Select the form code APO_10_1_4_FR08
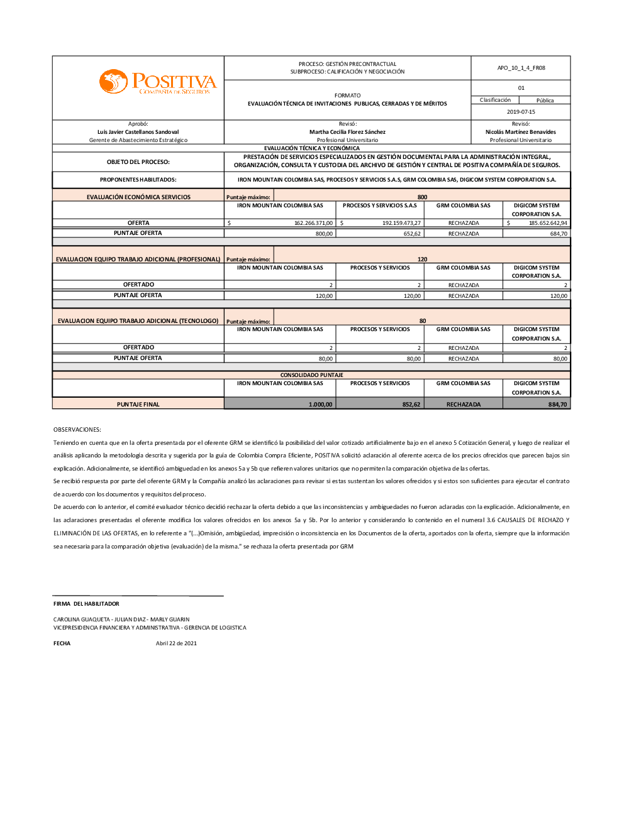521,68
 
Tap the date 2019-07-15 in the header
521,112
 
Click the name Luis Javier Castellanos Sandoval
138,132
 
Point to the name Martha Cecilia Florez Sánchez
347,132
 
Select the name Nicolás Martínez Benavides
521,132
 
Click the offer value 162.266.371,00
313,223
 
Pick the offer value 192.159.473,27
401,223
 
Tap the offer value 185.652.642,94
548,223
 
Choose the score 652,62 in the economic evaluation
412,234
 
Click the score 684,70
559,234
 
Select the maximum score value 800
422,197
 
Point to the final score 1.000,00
320,405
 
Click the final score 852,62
411,405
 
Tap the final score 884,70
557,405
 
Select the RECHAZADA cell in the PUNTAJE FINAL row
464,405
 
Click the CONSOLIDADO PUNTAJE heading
312,375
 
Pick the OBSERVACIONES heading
77,430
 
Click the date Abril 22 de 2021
176,643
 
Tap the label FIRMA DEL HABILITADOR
86,604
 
